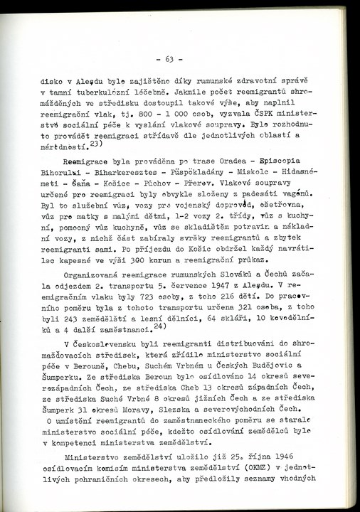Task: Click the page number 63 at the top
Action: (x=169, y=59)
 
